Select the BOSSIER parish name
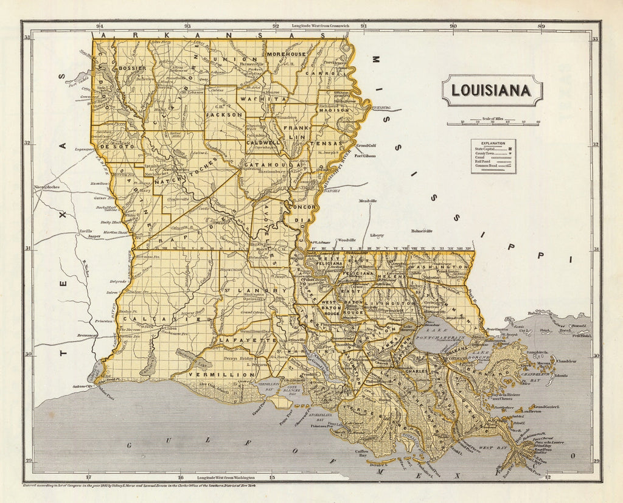(x=131, y=68)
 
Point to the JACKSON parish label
(x=224, y=114)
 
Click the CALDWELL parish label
(x=262, y=142)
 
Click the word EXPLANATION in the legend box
(x=493, y=142)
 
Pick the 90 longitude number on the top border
(x=453, y=26)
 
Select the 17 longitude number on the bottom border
(x=89, y=477)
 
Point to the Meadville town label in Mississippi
(x=368, y=201)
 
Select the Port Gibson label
(x=365, y=156)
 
